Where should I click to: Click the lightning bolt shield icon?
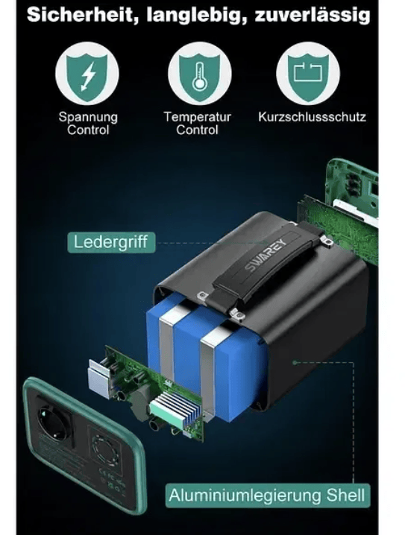[87, 74]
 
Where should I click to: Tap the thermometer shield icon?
[200, 74]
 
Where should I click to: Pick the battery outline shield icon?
[308, 74]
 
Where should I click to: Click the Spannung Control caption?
[88, 123]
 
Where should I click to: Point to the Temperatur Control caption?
[198, 123]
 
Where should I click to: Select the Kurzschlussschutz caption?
[312, 117]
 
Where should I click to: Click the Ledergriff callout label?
[111, 242]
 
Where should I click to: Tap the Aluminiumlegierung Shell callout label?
[268, 496]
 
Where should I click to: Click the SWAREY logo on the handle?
[266, 255]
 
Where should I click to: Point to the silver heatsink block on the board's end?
[99, 377]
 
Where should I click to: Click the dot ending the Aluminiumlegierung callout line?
[295, 362]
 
